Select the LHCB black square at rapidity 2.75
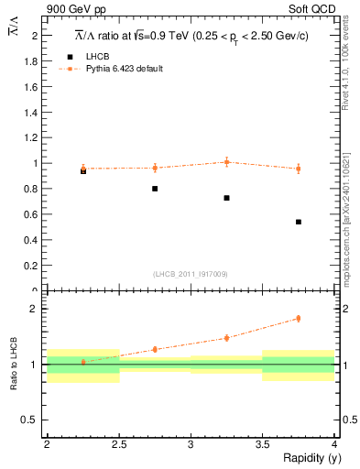(155, 189)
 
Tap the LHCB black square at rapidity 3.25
(226, 198)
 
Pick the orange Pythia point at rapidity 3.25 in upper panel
(226, 162)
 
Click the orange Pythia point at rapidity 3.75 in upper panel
(299, 169)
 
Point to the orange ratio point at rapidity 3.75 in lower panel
(299, 319)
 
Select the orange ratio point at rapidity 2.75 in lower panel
(155, 349)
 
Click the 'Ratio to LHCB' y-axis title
(14, 366)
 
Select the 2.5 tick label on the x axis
(118, 444)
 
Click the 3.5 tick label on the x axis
(262, 444)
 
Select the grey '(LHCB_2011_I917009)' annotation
(191, 274)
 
